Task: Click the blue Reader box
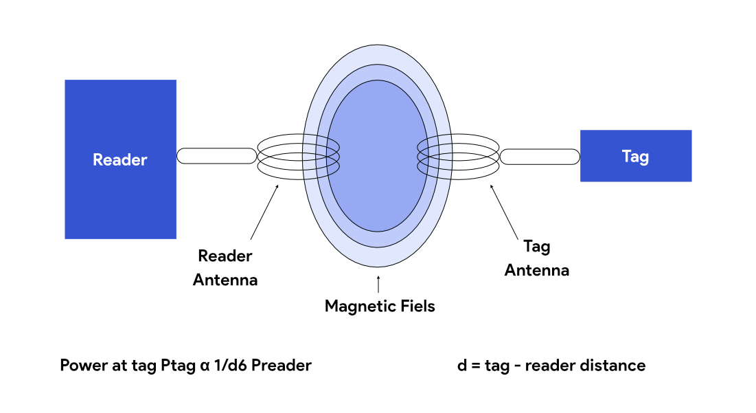[120, 199]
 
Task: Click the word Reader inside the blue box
[120, 160]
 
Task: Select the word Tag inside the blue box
[635, 156]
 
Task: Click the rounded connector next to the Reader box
[217, 156]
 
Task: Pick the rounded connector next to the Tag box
[540, 157]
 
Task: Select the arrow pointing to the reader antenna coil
[265, 210]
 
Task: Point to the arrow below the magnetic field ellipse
[378, 283]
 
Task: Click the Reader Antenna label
[225, 268]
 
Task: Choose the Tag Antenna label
[537, 258]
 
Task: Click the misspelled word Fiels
[416, 306]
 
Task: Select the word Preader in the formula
[282, 366]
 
